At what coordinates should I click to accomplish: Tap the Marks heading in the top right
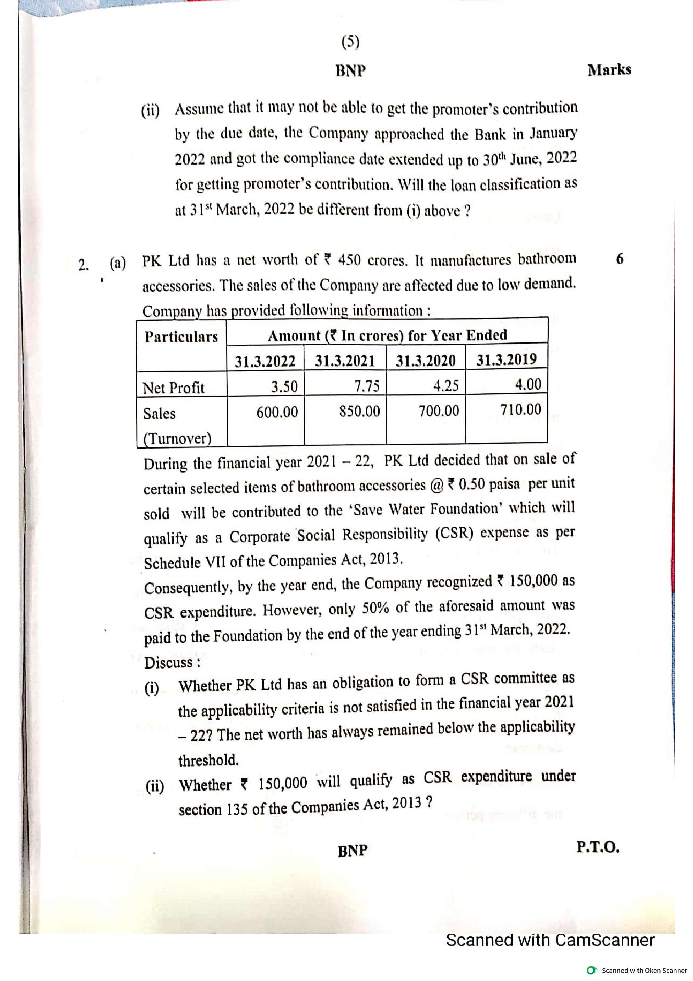point(609,70)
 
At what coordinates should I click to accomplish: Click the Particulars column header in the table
point(181,337)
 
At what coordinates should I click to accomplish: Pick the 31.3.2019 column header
point(507,359)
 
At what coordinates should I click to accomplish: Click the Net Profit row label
point(173,388)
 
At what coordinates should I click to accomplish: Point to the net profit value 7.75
point(367,386)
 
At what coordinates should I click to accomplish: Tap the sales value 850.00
point(360,411)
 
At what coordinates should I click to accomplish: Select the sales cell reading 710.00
point(520,409)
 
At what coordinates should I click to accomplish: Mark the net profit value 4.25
point(446,385)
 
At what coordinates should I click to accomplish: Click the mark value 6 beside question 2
point(620,259)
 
